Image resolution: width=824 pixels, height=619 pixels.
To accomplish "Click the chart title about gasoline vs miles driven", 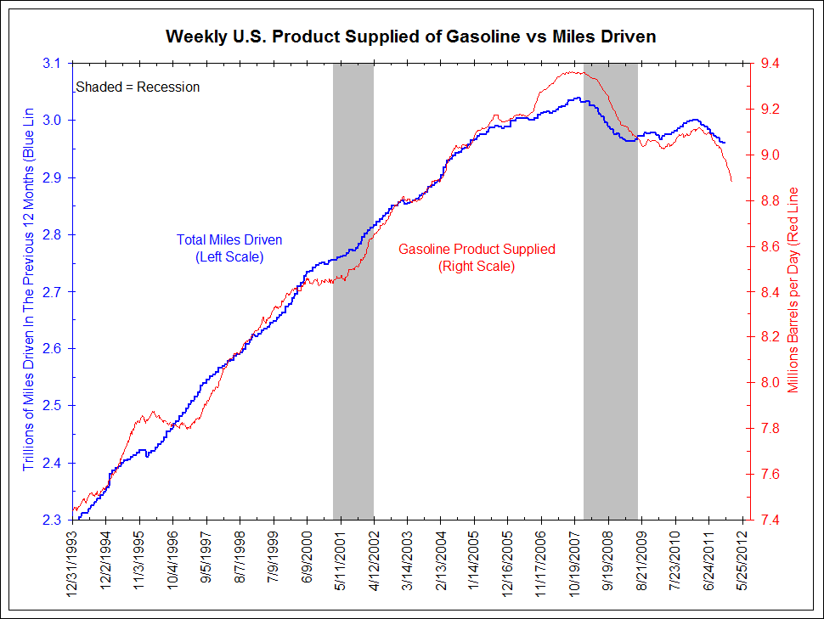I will point(411,37).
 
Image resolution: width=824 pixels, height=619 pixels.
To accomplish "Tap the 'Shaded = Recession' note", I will point(138,87).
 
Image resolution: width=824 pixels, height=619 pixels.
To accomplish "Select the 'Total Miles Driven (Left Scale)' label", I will point(229,248).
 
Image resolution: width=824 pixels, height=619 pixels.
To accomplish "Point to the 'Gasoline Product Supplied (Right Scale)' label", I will point(477,257).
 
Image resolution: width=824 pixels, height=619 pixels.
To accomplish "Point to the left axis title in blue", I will point(29,289).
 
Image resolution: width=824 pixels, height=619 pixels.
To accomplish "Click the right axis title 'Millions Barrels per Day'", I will point(794,289).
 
